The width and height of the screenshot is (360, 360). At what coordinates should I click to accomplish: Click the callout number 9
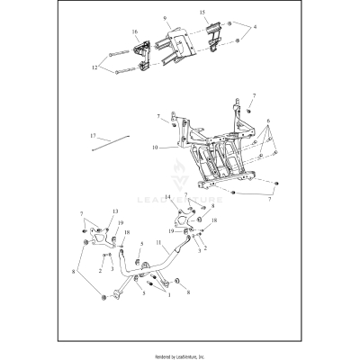pos(165,19)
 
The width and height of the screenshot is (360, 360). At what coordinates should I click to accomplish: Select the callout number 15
pos(203,13)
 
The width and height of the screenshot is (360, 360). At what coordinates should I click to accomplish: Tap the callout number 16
pos(135,32)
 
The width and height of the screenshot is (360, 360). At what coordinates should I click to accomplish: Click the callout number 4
pos(255,29)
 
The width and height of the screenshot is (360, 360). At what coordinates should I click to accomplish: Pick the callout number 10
pos(156,147)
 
